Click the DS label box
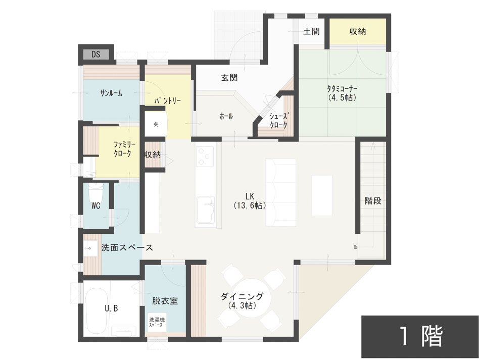[95, 54]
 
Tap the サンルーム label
[111, 93]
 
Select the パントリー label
[167, 101]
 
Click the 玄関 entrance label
[229, 78]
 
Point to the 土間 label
[311, 31]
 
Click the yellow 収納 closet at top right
[357, 32]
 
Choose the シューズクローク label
[278, 120]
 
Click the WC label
[96, 206]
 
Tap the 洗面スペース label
[127, 248]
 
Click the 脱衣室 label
[165, 300]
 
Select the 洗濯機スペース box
[157, 323]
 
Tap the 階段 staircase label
[373, 200]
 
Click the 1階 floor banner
[420, 337]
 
